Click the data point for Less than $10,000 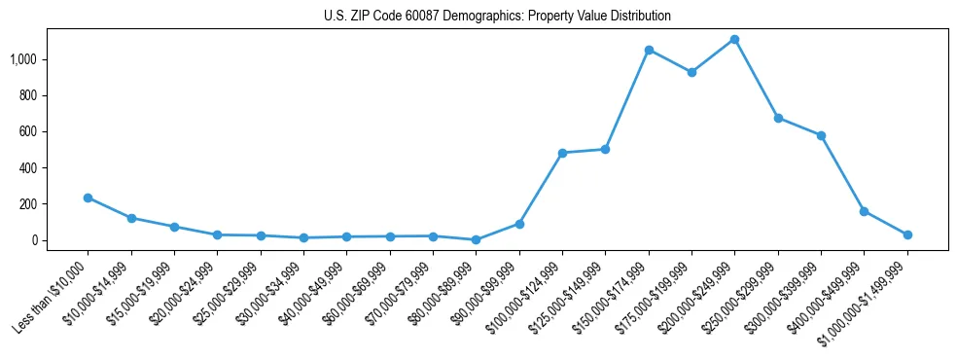(88, 198)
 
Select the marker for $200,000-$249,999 (734, 40)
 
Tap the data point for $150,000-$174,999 (649, 50)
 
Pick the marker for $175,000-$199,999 (691, 72)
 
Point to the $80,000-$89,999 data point (476, 239)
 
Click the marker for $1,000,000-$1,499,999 (907, 234)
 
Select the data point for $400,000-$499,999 (864, 211)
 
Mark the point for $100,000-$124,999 (562, 153)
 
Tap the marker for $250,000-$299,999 (778, 118)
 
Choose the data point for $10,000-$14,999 (131, 218)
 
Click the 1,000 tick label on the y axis (23, 59)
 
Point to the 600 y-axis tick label (29, 131)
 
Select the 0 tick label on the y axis (35, 240)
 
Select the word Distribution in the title (638, 17)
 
